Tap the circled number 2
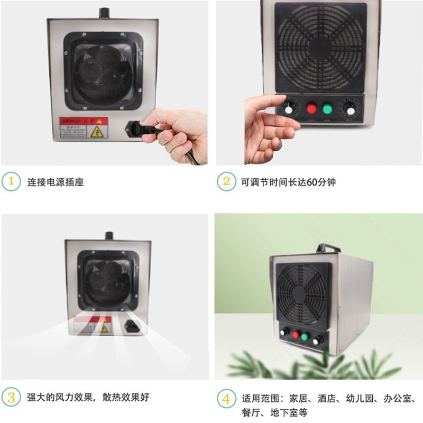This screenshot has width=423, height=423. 226,181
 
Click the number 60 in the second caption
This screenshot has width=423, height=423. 311,182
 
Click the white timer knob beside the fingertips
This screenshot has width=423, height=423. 289,108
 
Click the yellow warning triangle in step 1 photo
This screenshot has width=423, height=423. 96,132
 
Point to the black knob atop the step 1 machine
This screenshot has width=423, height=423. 103,12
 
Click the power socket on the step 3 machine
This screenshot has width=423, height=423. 131,327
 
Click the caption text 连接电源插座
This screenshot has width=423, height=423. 56,182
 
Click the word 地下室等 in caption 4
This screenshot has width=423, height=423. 290,412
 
